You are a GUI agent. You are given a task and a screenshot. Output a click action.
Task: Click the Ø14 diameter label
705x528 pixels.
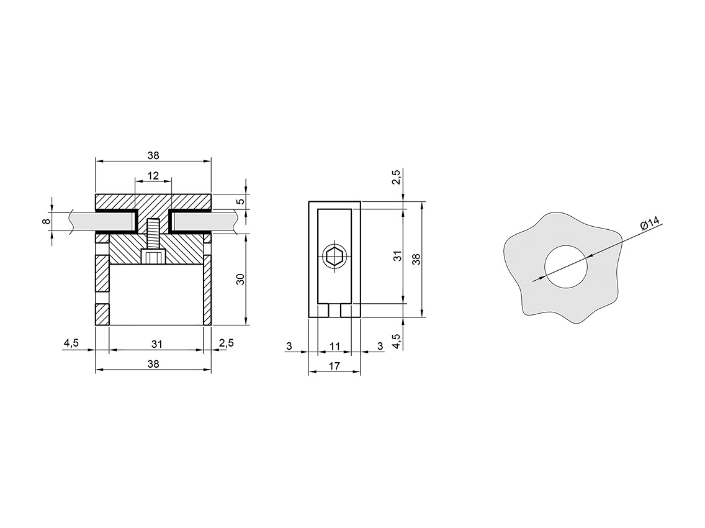[648, 223]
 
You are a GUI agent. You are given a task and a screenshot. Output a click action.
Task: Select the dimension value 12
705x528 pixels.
[153, 175]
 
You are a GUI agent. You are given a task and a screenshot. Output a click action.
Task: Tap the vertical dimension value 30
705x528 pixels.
[241, 279]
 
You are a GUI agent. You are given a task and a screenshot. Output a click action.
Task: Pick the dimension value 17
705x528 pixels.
[334, 366]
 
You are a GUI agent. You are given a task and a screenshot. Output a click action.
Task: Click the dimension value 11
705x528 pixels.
[335, 346]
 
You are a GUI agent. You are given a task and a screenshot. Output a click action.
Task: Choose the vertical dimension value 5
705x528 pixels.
[241, 201]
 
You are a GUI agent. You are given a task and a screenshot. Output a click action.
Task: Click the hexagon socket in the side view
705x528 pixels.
[335, 258]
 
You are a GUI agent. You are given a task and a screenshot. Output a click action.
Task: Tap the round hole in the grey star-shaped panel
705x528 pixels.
[565, 266]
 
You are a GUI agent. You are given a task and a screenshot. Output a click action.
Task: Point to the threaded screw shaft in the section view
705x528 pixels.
[153, 234]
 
